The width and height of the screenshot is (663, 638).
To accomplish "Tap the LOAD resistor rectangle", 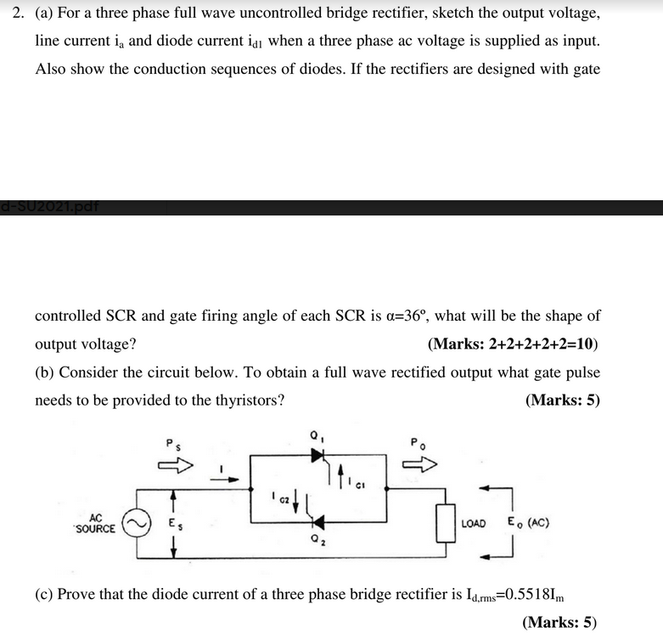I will click(x=441, y=523).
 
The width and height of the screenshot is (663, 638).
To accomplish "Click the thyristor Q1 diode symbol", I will click(x=318, y=456).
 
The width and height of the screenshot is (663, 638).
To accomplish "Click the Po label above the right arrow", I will click(x=416, y=442).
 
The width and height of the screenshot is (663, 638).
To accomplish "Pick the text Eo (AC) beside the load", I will click(x=528, y=523).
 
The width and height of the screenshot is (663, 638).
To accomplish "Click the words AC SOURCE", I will click(x=95, y=523).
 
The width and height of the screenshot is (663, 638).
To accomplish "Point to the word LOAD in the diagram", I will click(x=474, y=523).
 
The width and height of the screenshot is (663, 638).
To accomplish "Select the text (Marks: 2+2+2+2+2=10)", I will click(x=514, y=344).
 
